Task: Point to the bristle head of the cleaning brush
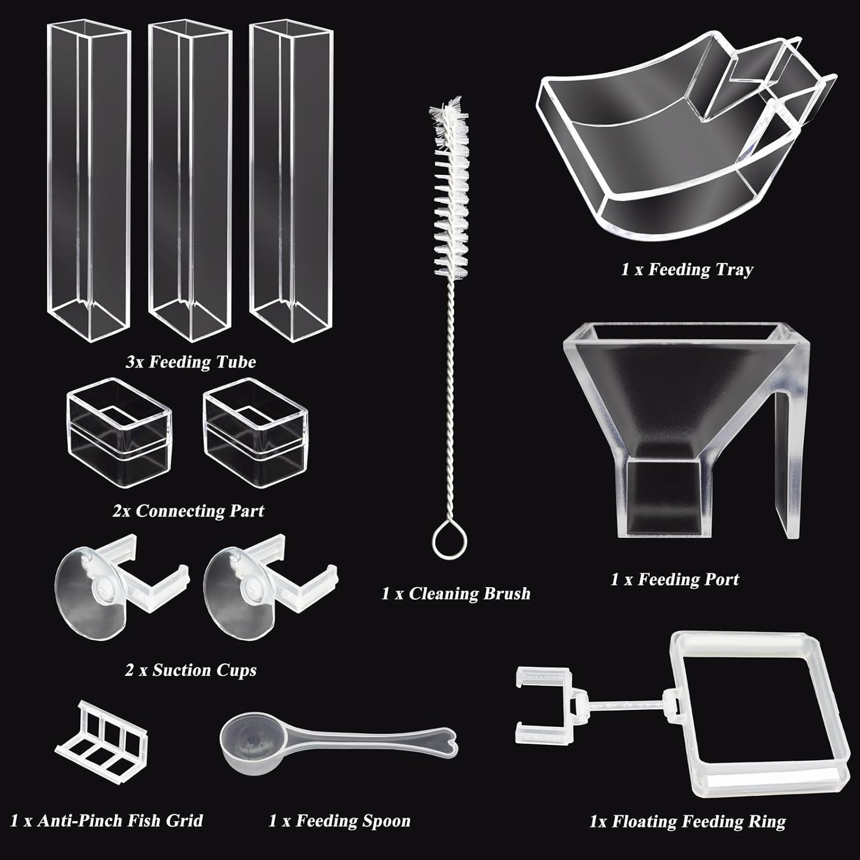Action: (x=450, y=189)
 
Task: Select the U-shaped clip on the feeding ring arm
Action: (x=542, y=697)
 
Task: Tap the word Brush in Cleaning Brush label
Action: (x=505, y=593)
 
